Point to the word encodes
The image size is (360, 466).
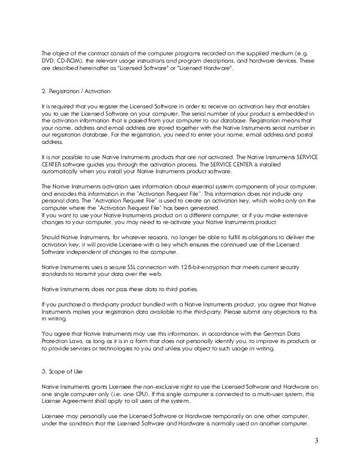(62, 193)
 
